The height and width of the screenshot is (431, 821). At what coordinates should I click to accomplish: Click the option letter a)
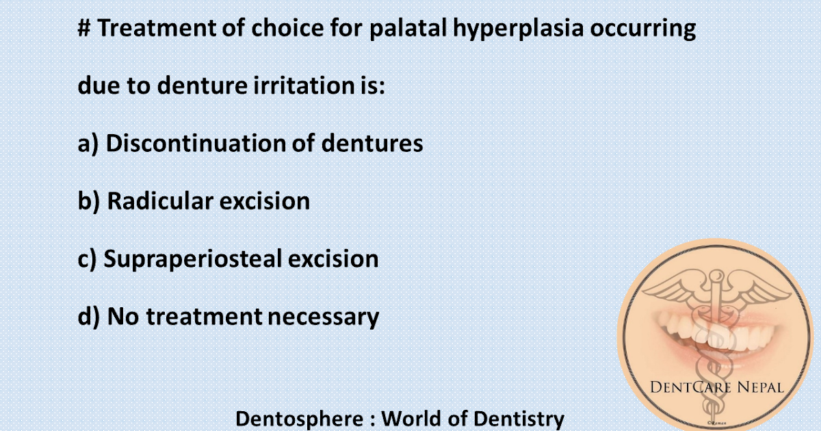click(x=88, y=144)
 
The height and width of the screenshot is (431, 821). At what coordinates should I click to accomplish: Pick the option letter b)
click(x=89, y=201)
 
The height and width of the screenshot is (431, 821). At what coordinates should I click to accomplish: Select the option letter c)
click(x=88, y=259)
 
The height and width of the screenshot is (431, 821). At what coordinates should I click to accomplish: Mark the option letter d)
click(x=89, y=316)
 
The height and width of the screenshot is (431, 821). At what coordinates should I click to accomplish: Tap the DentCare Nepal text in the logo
click(x=718, y=389)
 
